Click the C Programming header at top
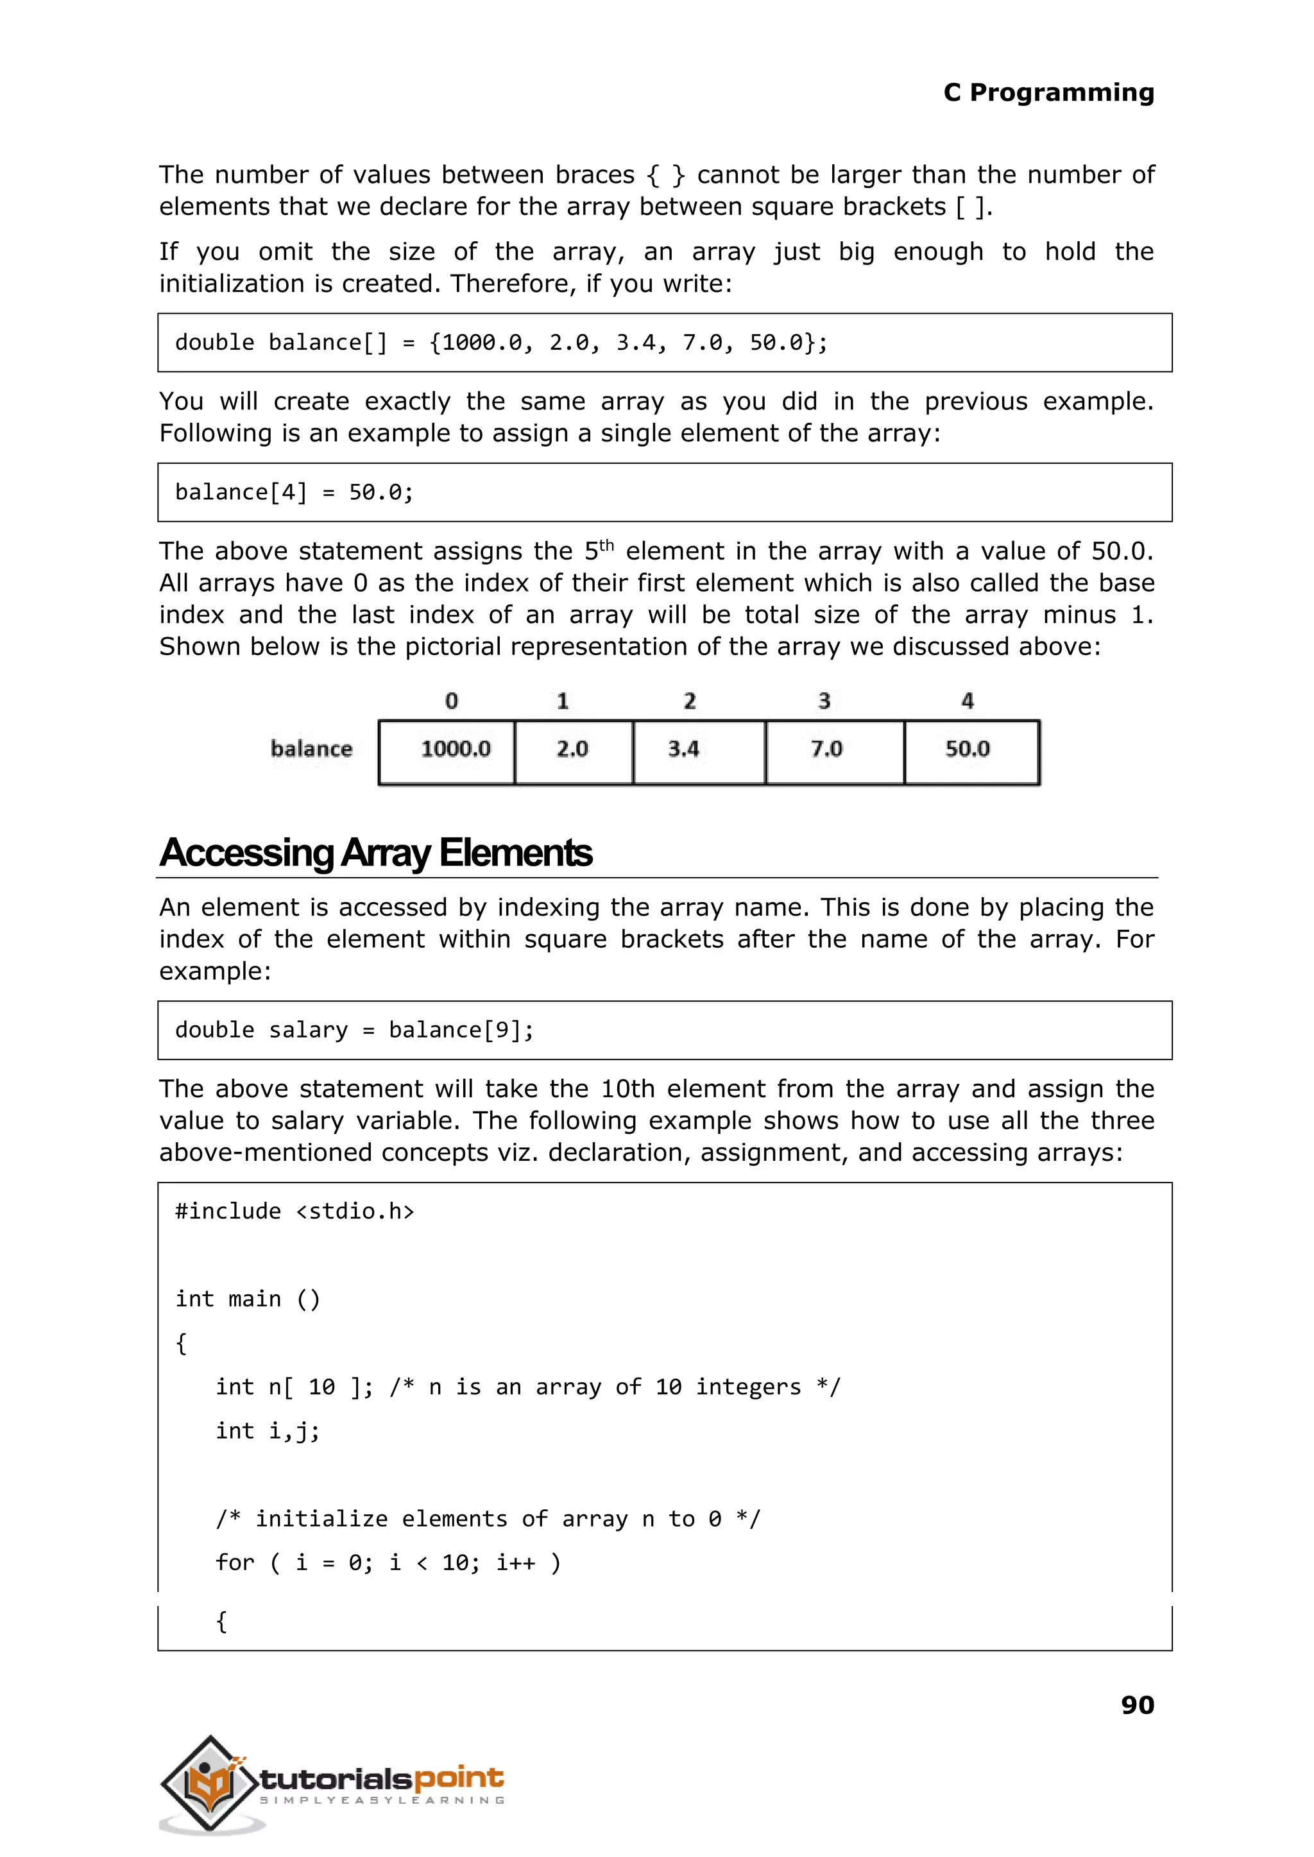[1048, 92]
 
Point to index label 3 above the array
[824, 701]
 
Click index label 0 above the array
[452, 701]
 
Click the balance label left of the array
[312, 748]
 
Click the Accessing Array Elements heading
[376, 852]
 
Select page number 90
[1137, 1705]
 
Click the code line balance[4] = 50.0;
[294, 492]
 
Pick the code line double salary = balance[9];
[354, 1029]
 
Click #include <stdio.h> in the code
[294, 1211]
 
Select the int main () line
[248, 1299]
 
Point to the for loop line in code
[388, 1562]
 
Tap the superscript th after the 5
[606, 545]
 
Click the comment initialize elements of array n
[488, 1519]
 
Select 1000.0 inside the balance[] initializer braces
[481, 342]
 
